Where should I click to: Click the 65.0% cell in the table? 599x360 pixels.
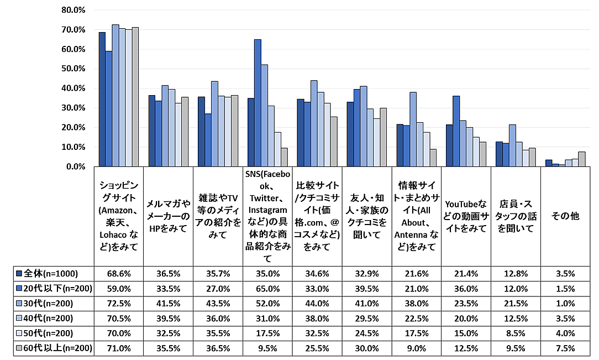click(267, 289)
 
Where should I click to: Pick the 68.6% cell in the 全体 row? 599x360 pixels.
click(118, 273)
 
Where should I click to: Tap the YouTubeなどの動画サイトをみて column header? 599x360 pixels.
click(466, 217)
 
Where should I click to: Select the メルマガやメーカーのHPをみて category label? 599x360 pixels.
click(168, 217)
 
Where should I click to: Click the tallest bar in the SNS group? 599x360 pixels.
click(258, 103)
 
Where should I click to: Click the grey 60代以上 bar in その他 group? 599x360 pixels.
click(581, 159)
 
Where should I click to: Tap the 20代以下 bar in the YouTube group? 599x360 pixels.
click(456, 131)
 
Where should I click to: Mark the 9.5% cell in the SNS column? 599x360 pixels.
click(267, 348)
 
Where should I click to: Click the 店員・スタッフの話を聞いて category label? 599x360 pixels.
click(516, 217)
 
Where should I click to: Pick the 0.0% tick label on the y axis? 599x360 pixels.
click(74, 166)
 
